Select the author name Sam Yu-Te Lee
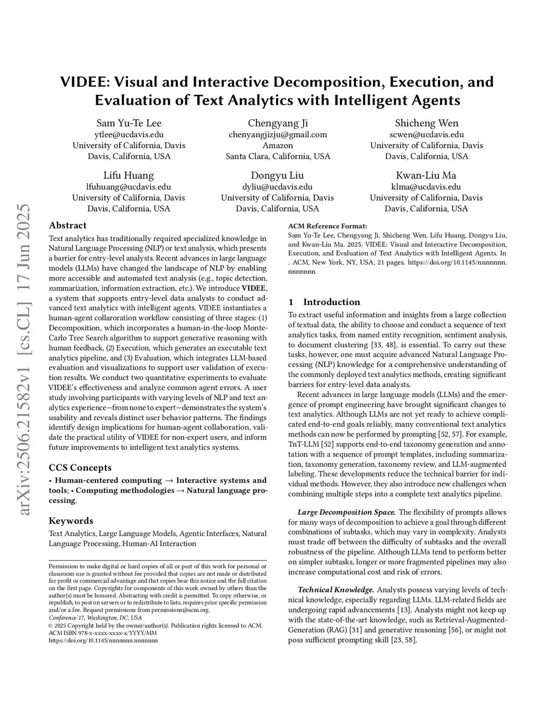[129, 123]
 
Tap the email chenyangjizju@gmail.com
[277, 135]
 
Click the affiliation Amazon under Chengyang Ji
[277, 145]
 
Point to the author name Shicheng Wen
[427, 123]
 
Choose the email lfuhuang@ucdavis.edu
[129, 187]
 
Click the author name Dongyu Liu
[277, 175]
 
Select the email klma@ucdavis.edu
[427, 187]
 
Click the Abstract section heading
[68, 225]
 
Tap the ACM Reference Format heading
[327, 226]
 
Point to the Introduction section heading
[331, 302]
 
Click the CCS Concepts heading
[80, 468]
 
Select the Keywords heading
[71, 521]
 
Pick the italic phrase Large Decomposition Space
[347, 512]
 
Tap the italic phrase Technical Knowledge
[336, 590]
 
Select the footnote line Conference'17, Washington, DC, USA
[95, 618]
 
